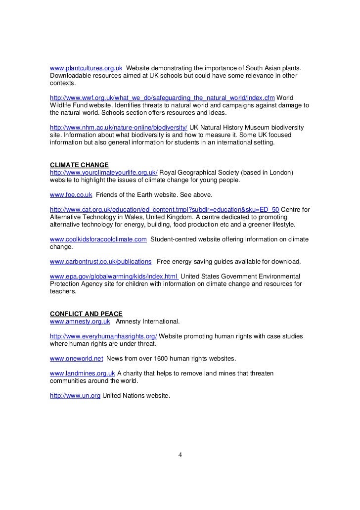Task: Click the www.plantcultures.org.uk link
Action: (x=86, y=67)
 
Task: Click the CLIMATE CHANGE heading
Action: (x=79, y=165)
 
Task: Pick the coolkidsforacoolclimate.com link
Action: (x=98, y=239)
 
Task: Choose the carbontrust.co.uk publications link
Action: (x=101, y=261)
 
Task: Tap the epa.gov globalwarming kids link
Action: (x=115, y=276)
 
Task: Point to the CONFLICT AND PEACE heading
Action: (x=86, y=314)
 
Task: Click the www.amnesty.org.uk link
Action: (x=80, y=322)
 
